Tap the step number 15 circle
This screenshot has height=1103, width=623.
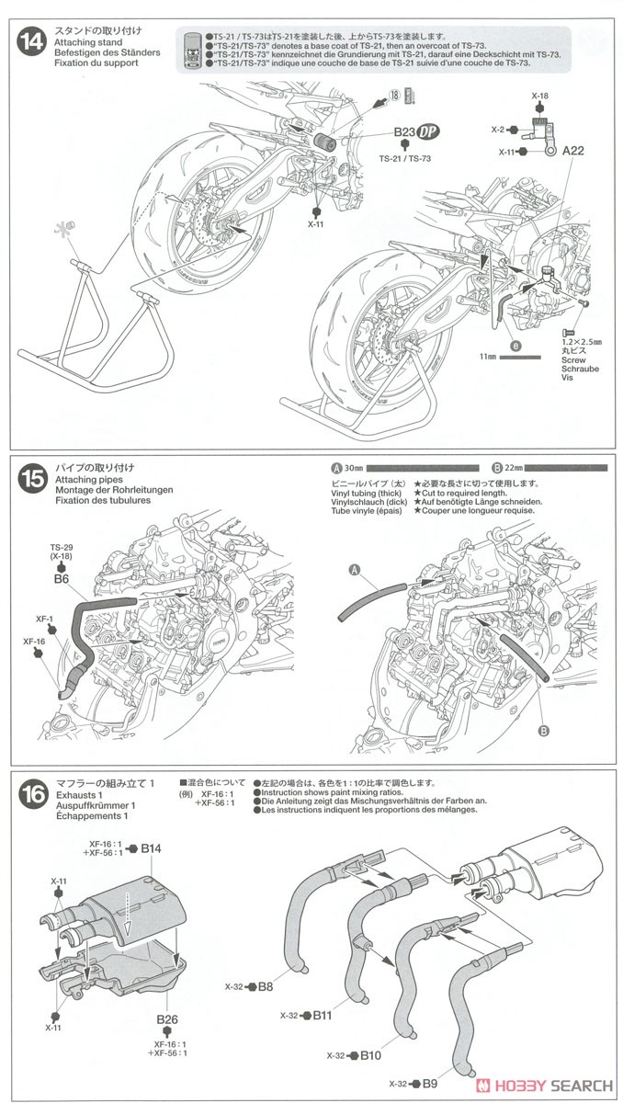tap(31, 478)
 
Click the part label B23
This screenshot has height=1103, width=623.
tap(405, 132)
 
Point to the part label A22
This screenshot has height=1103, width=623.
tap(573, 150)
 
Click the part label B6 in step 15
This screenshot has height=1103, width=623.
tap(62, 580)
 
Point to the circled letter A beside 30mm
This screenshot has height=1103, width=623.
tap(336, 467)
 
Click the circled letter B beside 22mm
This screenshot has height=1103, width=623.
tap(496, 467)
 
